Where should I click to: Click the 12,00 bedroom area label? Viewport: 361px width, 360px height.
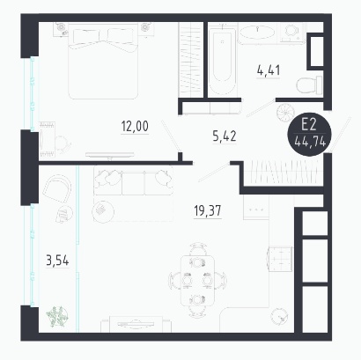click(135, 127)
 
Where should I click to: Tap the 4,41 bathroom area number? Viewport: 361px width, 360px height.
click(269, 70)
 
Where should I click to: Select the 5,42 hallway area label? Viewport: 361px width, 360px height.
click(225, 136)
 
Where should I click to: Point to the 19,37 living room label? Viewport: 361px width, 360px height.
click(208, 210)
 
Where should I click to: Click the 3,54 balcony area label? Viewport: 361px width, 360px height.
click(57, 261)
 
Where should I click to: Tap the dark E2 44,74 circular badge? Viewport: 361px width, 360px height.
click(309, 134)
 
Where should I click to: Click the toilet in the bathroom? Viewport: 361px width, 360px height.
click(309, 85)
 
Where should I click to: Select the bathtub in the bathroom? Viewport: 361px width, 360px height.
click(222, 59)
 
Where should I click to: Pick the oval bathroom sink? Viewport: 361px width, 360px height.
click(257, 32)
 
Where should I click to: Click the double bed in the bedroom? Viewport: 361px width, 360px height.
click(103, 62)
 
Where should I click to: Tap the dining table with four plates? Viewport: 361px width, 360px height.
click(197, 281)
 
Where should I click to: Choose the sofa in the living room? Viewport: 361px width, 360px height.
click(133, 180)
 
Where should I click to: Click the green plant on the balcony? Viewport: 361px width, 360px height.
click(57, 317)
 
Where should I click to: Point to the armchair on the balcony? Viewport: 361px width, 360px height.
click(57, 188)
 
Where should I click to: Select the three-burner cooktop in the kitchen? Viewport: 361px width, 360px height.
click(256, 209)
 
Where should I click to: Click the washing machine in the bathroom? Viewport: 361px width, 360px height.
click(291, 33)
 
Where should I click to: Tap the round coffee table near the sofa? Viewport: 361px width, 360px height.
click(103, 210)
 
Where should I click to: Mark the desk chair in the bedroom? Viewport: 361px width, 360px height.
click(63, 143)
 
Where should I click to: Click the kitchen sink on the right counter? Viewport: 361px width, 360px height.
click(280, 259)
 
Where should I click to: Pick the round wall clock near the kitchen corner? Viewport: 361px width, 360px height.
click(280, 317)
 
